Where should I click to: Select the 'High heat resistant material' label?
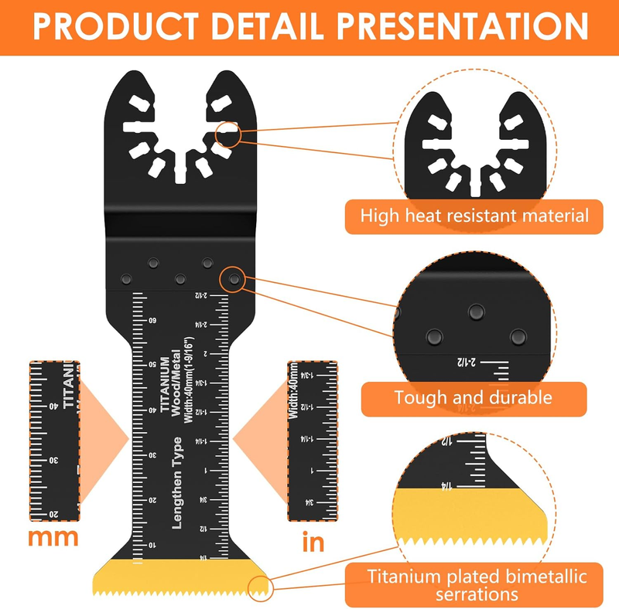(x=475, y=216)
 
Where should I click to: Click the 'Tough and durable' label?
(x=473, y=398)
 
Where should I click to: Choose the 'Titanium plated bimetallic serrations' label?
(x=477, y=585)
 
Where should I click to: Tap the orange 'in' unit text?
(x=313, y=542)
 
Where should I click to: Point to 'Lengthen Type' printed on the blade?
(x=177, y=482)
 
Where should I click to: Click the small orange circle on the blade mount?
(x=230, y=134)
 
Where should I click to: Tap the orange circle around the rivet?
(x=232, y=279)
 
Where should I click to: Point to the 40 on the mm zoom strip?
(x=55, y=406)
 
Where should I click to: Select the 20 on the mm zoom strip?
(x=55, y=512)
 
